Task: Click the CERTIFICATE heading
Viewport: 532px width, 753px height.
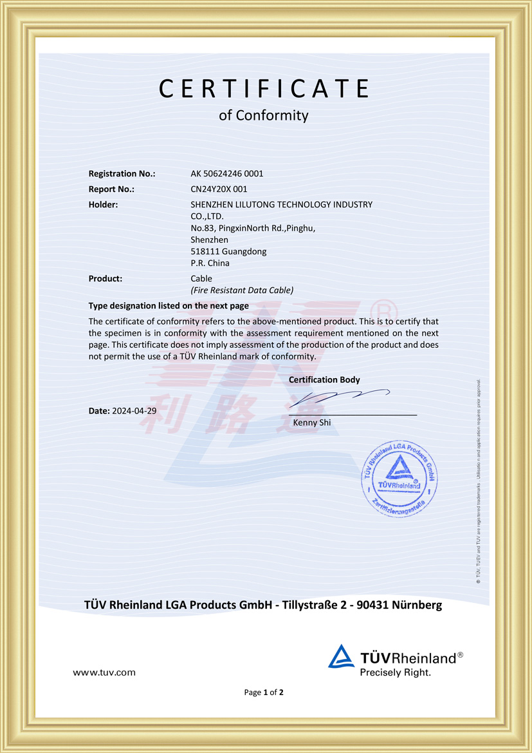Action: (x=264, y=88)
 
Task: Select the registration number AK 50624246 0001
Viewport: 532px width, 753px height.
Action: (x=227, y=173)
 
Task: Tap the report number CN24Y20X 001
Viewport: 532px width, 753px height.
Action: (x=219, y=189)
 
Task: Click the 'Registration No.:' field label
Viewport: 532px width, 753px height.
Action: (x=122, y=173)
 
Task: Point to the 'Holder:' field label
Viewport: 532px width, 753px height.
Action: (x=103, y=205)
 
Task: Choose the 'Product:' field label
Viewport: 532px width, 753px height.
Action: (x=105, y=279)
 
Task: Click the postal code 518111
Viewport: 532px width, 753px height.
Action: (x=204, y=251)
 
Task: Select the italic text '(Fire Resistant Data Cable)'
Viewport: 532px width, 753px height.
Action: (x=242, y=291)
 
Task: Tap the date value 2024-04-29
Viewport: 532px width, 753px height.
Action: (x=134, y=410)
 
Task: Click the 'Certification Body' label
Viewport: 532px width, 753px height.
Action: (x=324, y=380)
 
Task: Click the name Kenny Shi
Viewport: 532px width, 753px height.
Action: (x=311, y=423)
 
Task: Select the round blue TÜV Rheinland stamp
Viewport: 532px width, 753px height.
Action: (x=399, y=477)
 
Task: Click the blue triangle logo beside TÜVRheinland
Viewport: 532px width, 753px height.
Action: (x=341, y=656)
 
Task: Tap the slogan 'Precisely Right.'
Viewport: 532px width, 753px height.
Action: (x=395, y=672)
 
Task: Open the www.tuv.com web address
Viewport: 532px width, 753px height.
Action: (x=104, y=672)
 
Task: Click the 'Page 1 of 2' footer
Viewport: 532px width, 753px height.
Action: (x=264, y=692)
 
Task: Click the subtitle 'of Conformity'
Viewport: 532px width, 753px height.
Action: (x=264, y=116)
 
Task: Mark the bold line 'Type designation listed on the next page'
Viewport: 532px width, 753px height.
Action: (x=169, y=306)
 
